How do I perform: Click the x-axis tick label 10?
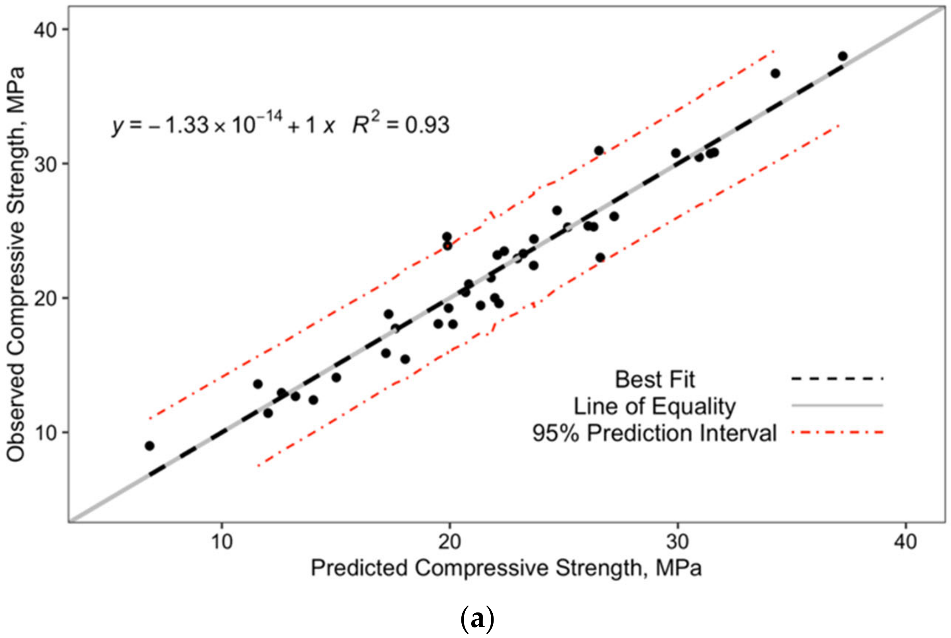click(x=222, y=542)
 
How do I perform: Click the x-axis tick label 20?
click(x=450, y=542)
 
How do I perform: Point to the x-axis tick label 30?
click(x=678, y=542)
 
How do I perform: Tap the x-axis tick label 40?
click(x=905, y=542)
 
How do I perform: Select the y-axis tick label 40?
click(x=45, y=30)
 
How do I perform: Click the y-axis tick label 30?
click(x=45, y=164)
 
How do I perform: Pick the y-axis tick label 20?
click(x=45, y=298)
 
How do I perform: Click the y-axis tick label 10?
click(x=45, y=432)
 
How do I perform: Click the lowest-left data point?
click(x=150, y=446)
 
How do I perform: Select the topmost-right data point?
click(x=843, y=56)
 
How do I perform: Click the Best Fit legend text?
click(x=654, y=380)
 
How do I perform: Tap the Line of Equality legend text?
click(x=654, y=406)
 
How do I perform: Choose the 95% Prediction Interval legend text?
click(x=654, y=433)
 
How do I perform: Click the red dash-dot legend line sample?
click(x=838, y=432)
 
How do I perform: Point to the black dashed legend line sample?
click(x=838, y=379)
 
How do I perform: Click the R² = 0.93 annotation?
click(x=401, y=124)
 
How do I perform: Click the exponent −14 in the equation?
click(x=269, y=117)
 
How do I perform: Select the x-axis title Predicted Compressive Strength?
click(x=506, y=568)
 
